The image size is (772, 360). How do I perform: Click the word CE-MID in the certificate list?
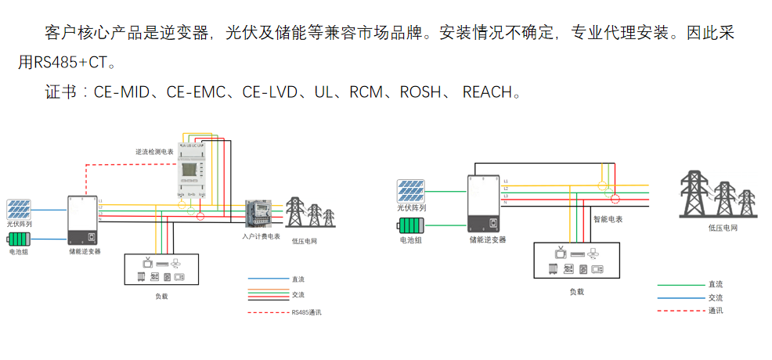point(121,92)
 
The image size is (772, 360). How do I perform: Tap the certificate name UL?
point(323,92)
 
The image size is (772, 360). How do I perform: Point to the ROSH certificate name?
point(421,92)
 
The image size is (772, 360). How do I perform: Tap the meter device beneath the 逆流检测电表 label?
point(193,173)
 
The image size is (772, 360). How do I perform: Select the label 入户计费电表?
point(261,236)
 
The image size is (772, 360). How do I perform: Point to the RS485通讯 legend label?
point(306,312)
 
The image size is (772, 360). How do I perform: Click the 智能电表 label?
point(608,220)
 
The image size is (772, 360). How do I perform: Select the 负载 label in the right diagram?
point(576,291)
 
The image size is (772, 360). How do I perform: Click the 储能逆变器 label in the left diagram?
point(84,252)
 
